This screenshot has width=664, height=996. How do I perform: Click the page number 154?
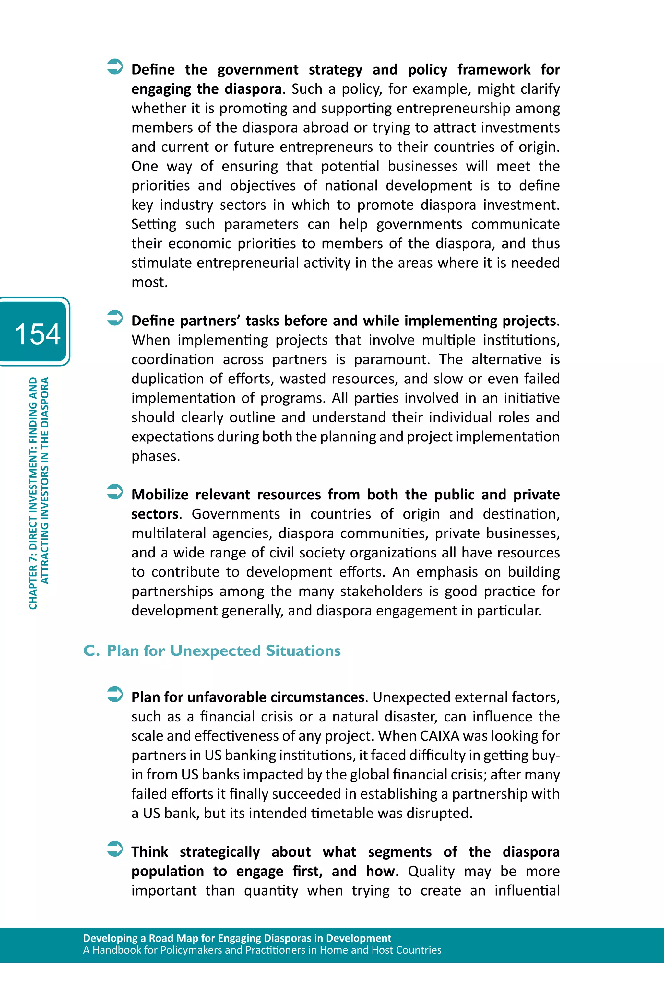tap(37, 334)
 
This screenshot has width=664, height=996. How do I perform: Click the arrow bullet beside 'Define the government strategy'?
tap(115, 66)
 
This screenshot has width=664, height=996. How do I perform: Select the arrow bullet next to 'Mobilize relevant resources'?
tap(115, 491)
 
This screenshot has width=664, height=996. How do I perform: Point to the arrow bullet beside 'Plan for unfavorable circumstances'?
tap(115, 694)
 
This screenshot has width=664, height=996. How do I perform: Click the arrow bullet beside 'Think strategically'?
tap(115, 849)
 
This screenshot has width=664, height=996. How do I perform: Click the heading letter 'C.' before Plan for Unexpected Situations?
tap(91, 650)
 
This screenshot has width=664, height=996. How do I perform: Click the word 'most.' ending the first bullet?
tap(149, 282)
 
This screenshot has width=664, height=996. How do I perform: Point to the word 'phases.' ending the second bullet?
tap(155, 456)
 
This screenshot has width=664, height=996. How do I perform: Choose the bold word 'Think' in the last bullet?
tap(149, 852)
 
